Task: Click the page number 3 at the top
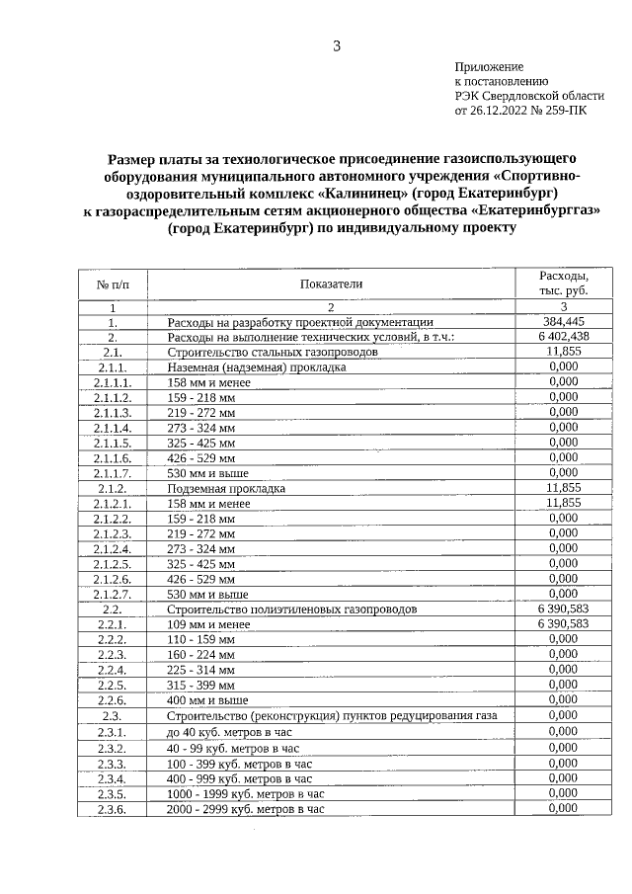(x=337, y=46)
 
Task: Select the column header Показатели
(x=332, y=284)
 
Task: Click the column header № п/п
(x=112, y=284)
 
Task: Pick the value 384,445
(x=563, y=322)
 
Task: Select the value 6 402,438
(x=563, y=337)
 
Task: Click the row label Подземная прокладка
(x=226, y=488)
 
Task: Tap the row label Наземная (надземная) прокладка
(x=257, y=367)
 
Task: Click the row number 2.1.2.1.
(x=113, y=503)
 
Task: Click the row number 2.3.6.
(x=113, y=809)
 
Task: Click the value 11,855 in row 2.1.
(x=563, y=352)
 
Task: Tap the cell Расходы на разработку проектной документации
(x=300, y=322)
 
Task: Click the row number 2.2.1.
(x=113, y=624)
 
